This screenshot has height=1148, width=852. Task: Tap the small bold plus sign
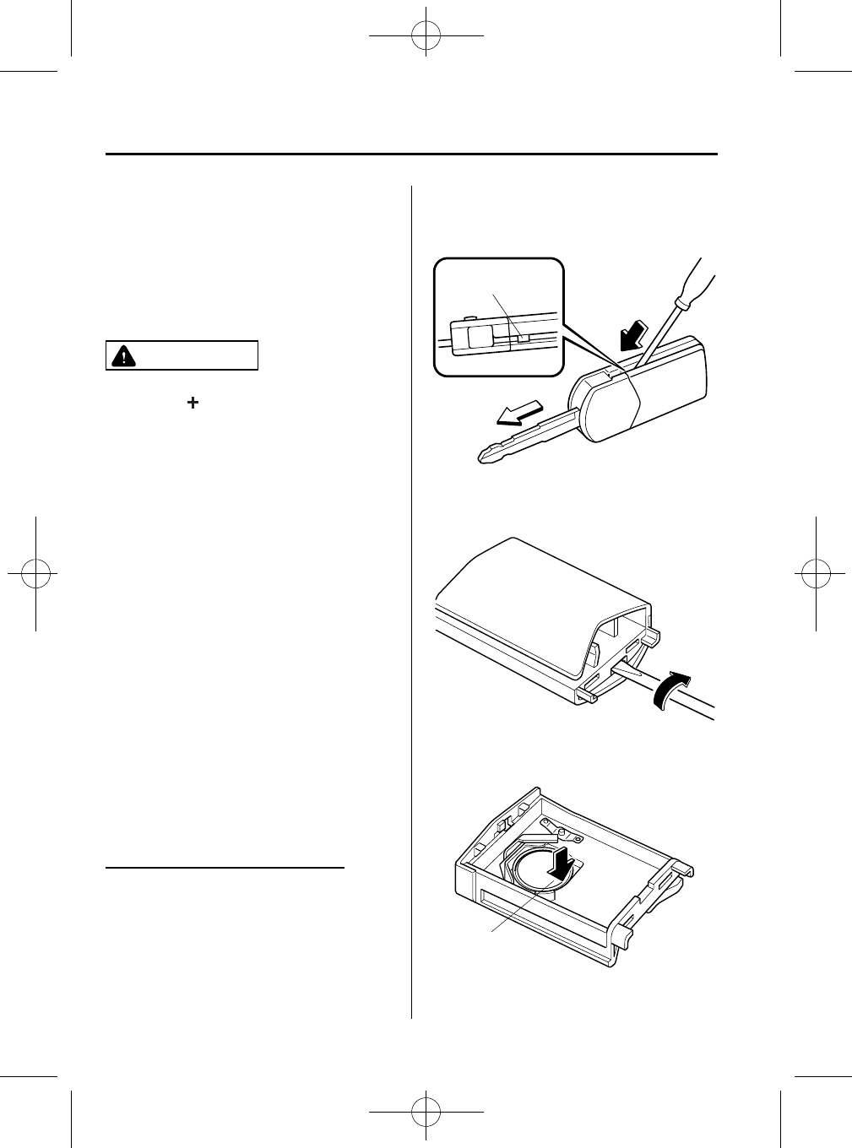click(x=193, y=404)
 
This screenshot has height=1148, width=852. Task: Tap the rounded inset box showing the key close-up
click(x=498, y=317)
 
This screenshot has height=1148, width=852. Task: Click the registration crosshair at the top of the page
click(x=426, y=36)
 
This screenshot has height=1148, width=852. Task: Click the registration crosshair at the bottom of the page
click(x=426, y=1112)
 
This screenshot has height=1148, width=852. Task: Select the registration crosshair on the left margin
click(x=35, y=573)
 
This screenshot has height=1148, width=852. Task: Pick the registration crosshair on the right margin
click(x=817, y=573)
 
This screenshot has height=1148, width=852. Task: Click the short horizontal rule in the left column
click(x=226, y=867)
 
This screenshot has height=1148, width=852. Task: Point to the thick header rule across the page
click(x=411, y=154)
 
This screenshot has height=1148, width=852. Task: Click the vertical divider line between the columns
click(x=411, y=591)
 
